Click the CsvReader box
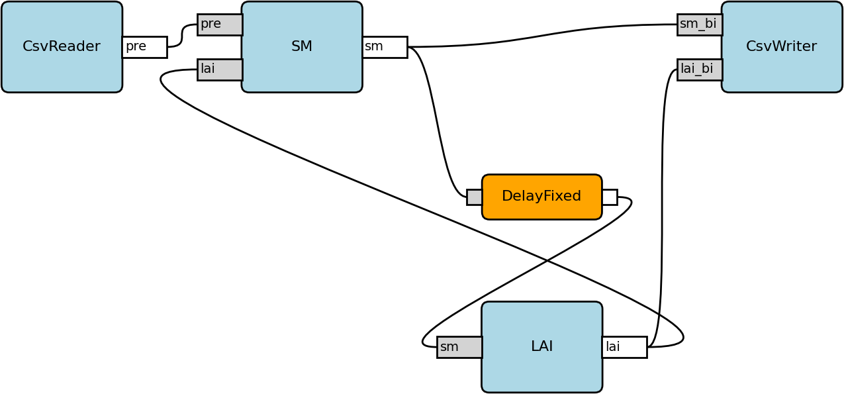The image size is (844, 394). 62,47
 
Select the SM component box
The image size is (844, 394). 302,47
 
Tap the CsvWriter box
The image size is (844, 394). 782,47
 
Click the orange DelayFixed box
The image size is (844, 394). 542,197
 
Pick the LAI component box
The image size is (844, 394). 542,347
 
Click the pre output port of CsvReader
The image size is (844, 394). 145,47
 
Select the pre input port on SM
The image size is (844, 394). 220,25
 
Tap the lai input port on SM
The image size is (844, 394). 220,70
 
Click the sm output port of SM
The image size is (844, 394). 385,47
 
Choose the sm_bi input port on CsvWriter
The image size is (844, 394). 700,25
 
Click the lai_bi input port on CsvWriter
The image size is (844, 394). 700,70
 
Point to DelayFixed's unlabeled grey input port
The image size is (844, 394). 475,197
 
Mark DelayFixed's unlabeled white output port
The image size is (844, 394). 610,197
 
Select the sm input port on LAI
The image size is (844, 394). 459,347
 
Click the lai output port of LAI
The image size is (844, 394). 625,347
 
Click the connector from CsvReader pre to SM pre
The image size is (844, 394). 182,36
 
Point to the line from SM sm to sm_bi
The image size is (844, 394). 543,35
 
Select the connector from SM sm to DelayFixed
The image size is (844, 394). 438,121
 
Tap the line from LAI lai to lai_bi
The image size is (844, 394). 662,207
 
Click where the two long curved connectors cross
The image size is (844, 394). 547,260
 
